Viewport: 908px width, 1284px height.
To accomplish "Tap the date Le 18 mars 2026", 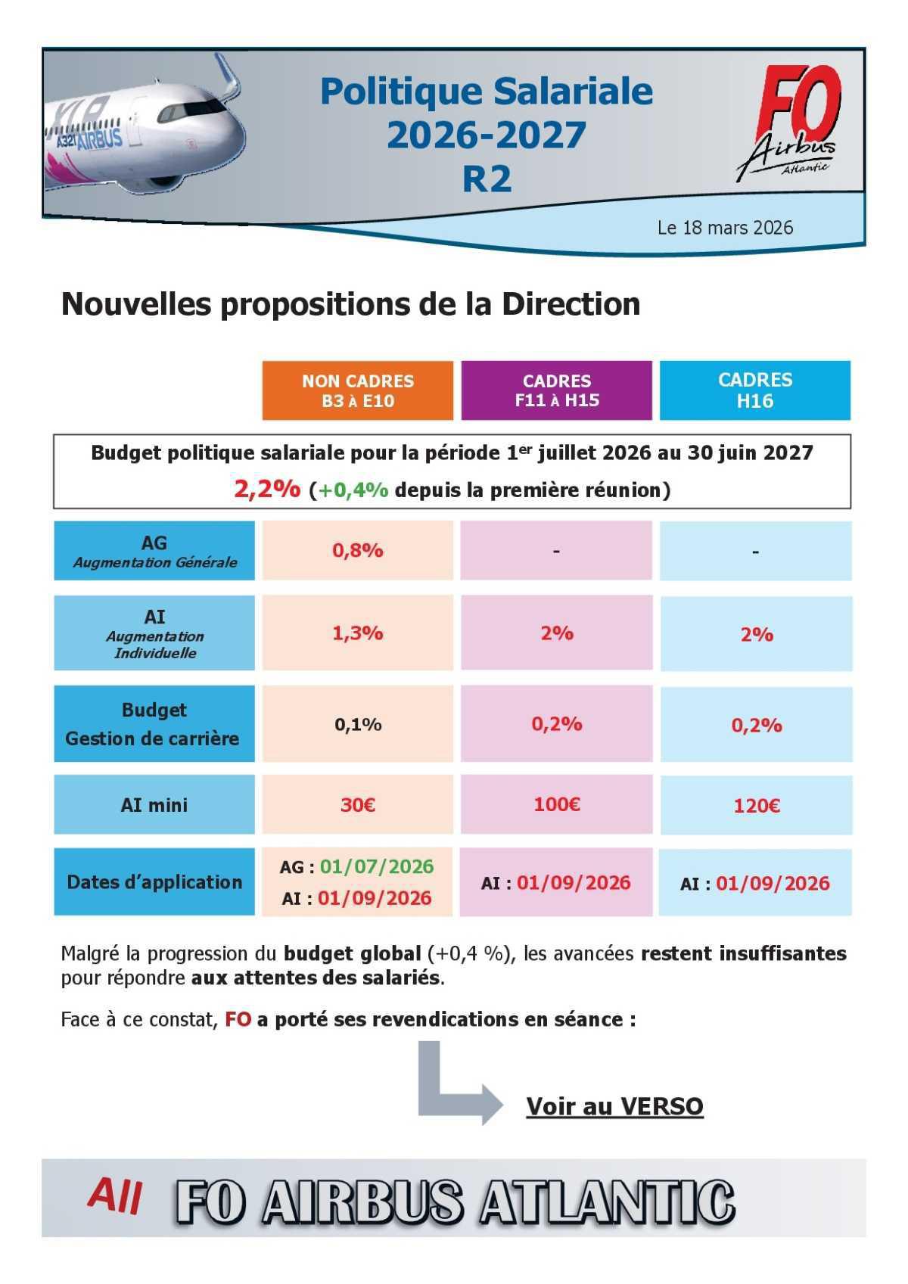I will [725, 228].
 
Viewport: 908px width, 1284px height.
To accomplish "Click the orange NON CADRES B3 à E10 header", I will [358, 390].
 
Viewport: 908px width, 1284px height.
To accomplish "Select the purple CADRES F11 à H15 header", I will [557, 390].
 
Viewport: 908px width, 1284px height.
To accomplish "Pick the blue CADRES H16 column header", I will [755, 390].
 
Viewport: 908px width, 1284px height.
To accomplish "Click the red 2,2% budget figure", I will [266, 490].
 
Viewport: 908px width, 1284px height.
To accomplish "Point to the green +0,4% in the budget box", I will [353, 490].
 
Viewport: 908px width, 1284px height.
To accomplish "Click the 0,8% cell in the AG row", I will [358, 551].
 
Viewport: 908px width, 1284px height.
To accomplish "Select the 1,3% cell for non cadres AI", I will [358, 633].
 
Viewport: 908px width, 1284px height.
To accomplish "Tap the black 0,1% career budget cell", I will [358, 725].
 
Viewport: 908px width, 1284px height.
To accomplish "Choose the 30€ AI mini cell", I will [358, 804].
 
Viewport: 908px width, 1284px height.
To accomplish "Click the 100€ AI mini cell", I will [557, 804].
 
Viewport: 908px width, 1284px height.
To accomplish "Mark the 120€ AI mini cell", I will [756, 806].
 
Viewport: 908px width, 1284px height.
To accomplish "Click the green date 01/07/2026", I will [377, 866].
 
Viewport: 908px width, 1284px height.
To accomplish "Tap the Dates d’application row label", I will [154, 882].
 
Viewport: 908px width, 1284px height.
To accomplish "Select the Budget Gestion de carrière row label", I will [154, 724].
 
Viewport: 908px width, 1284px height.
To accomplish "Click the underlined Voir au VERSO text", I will [614, 1106].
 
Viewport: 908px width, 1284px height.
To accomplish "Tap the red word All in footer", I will [115, 1196].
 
